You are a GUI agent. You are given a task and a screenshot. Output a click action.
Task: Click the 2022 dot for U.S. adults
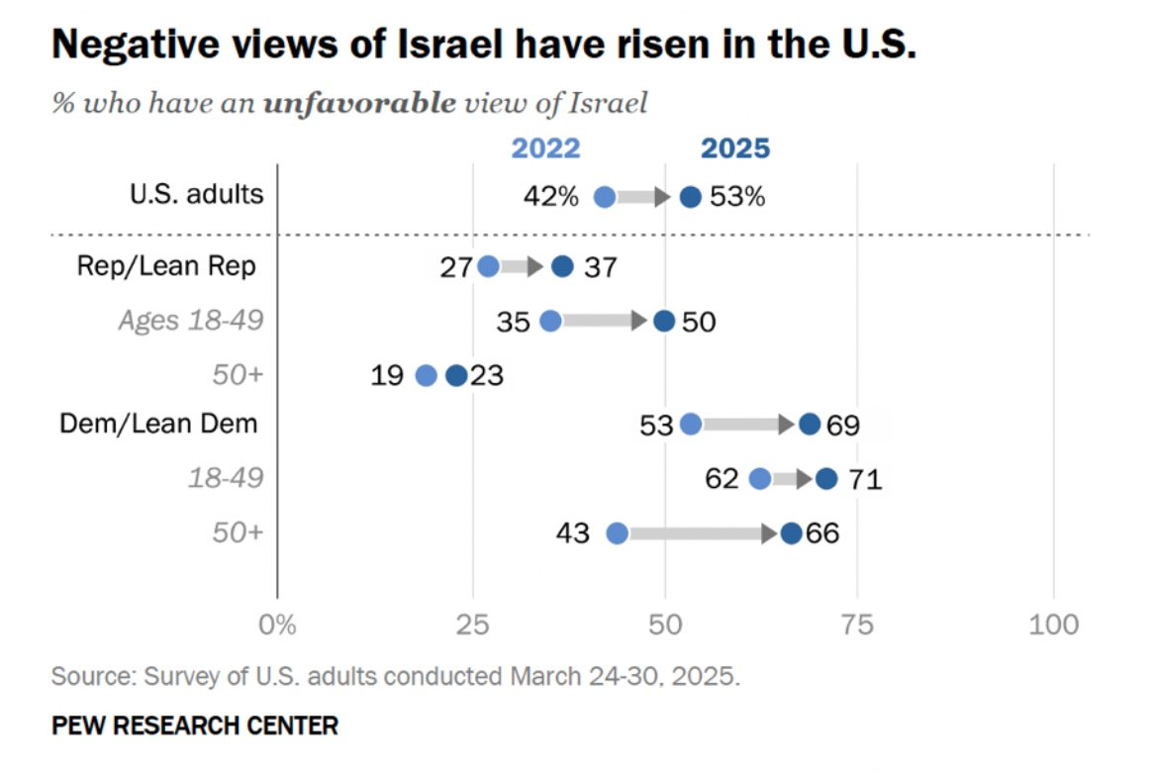(x=604, y=196)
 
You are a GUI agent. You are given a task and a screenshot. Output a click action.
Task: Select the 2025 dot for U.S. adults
(x=691, y=196)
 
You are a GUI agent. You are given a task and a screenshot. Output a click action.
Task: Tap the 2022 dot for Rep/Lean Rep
(x=488, y=267)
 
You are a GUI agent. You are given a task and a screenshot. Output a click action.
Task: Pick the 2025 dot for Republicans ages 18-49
(x=664, y=321)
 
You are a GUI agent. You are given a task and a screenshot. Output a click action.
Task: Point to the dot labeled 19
(x=426, y=375)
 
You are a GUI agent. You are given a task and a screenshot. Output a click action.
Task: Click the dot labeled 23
(x=456, y=375)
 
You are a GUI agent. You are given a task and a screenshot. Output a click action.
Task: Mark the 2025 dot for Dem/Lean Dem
(x=810, y=425)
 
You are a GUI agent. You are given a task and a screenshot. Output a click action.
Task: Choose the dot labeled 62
(x=759, y=479)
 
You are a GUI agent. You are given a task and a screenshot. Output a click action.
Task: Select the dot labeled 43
(x=617, y=533)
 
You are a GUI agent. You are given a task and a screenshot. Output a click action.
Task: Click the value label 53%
(x=737, y=196)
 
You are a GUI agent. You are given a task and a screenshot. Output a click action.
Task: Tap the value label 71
(x=862, y=480)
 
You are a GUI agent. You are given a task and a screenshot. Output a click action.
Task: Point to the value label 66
(x=820, y=534)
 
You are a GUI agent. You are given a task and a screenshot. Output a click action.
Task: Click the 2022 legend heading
(x=545, y=147)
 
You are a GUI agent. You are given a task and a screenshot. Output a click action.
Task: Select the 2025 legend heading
(x=734, y=147)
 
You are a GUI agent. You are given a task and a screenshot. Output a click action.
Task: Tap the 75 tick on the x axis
(x=858, y=625)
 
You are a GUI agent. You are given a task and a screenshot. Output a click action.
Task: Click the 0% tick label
(x=277, y=625)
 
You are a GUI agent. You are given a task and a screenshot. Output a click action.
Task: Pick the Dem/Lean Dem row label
(x=158, y=424)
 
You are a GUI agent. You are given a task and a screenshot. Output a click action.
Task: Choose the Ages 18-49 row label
(x=191, y=321)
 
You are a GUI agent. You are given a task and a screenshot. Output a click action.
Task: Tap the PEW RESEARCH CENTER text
(x=194, y=726)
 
